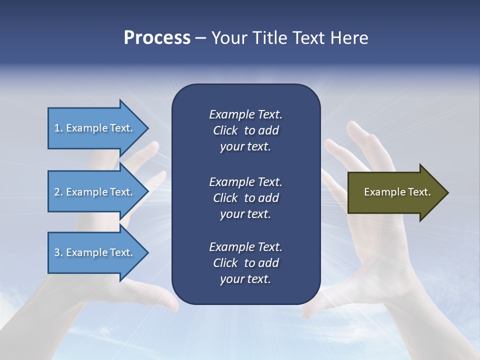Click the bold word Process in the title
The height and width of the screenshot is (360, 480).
pos(157,38)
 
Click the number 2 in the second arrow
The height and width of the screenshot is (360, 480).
pos(57,192)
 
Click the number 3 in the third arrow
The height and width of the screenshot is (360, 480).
pos(57,252)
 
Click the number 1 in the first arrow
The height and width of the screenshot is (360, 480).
pos(57,128)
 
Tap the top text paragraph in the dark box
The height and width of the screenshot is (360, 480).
pos(245,130)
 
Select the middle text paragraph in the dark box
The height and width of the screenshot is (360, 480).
pos(245,197)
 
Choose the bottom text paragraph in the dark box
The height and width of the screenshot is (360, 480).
pos(245,263)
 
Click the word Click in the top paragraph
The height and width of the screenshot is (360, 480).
pos(225,130)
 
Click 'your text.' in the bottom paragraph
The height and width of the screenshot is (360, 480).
pos(245,279)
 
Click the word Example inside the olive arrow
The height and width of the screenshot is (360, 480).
pos(382,192)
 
